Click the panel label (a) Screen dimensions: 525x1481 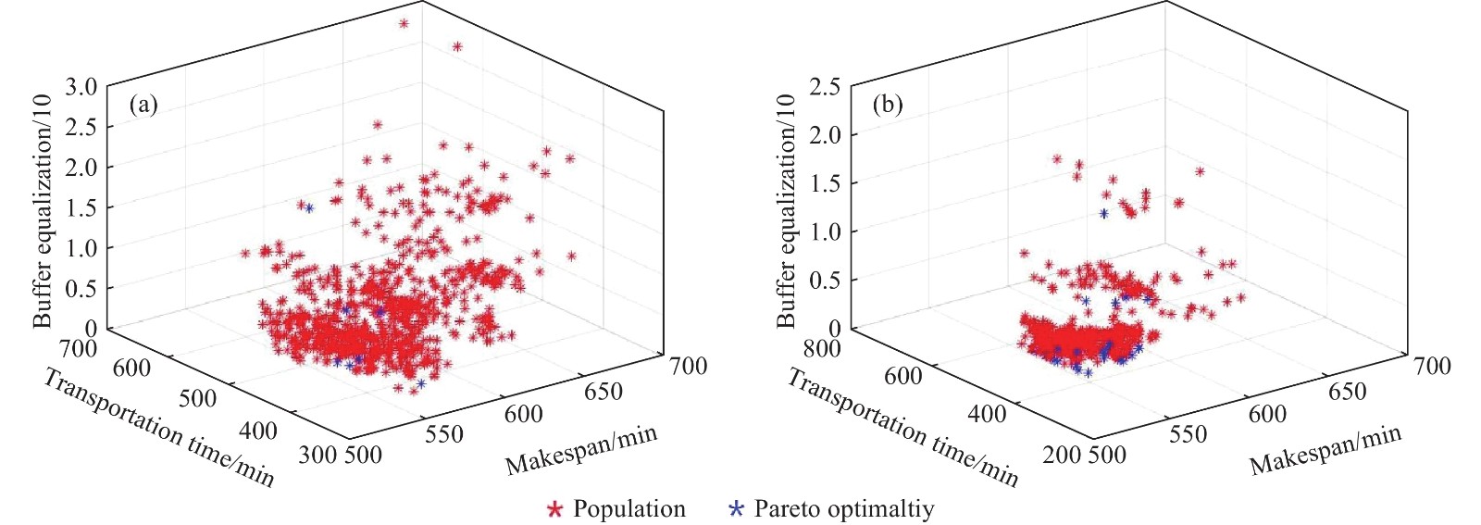pyautogui.click(x=143, y=105)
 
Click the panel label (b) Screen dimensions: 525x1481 pyautogui.click(x=888, y=105)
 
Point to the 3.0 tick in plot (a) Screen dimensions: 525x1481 pyautogui.click(x=81, y=87)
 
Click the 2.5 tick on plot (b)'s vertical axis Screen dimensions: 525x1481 pyautogui.click(x=824, y=87)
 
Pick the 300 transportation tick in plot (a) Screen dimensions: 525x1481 pyautogui.click(x=317, y=454)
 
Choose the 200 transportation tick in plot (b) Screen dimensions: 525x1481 pyautogui.click(x=1062, y=454)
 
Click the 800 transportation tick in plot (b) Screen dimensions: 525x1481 pyautogui.click(x=822, y=348)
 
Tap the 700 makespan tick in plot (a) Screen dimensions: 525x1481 pyautogui.click(x=688, y=367)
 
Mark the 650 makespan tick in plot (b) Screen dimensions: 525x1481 pyautogui.click(x=1347, y=392)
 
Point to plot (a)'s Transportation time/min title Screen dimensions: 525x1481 pyautogui.click(x=158, y=428)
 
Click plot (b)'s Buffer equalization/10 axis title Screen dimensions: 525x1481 pyautogui.click(x=786, y=210)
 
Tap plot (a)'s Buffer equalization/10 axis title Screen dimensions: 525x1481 pyautogui.click(x=43, y=210)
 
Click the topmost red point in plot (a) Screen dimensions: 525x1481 pyautogui.click(x=404, y=23)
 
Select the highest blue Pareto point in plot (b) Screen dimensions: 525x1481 pyautogui.click(x=1103, y=213)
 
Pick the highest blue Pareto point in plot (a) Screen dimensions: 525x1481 pyautogui.click(x=309, y=208)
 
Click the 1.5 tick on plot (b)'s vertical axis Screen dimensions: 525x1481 pyautogui.click(x=824, y=183)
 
